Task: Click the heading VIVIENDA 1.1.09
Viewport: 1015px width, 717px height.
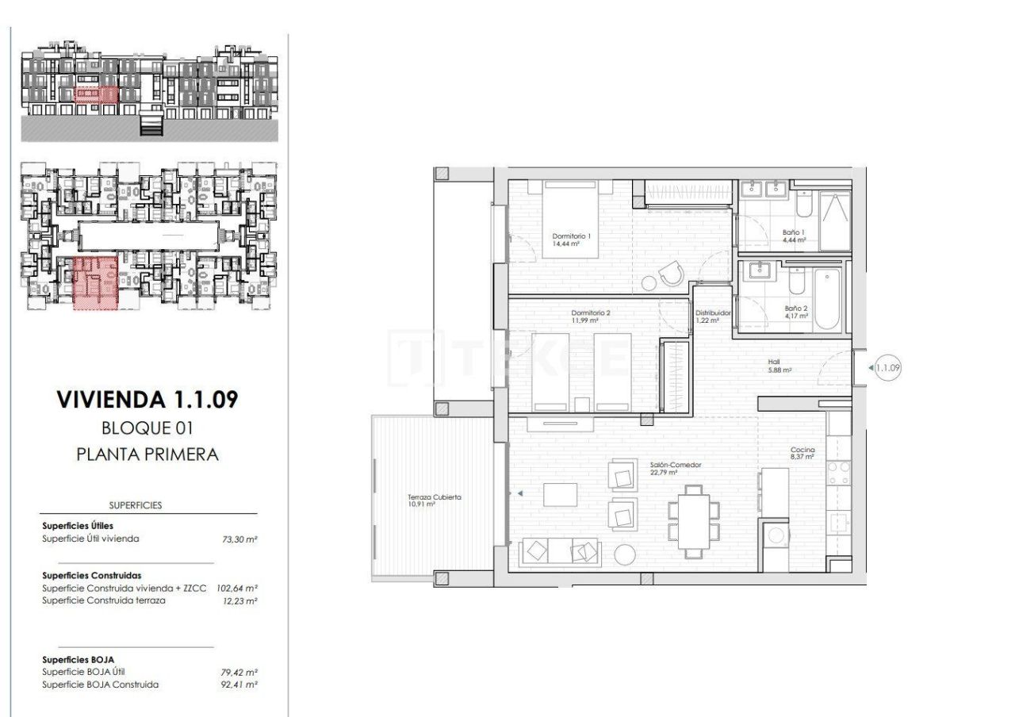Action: (x=147, y=400)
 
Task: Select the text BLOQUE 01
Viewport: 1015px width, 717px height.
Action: (x=147, y=428)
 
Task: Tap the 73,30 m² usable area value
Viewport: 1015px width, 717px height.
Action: (x=240, y=539)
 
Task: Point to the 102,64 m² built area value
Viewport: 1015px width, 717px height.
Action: (x=239, y=589)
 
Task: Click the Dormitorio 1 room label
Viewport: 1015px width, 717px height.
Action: (x=572, y=236)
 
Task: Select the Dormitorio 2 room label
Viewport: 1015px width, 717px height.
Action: (x=591, y=313)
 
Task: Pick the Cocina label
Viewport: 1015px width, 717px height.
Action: (x=802, y=450)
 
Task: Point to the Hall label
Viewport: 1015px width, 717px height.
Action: (x=776, y=359)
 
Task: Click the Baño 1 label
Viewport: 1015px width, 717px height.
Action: (x=794, y=232)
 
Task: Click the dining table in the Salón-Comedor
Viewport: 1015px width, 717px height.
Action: (x=694, y=520)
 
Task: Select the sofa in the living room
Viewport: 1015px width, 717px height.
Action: (x=559, y=552)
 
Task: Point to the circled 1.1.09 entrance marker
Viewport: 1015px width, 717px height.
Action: (x=887, y=367)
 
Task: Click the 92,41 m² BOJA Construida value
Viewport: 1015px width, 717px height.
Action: (x=240, y=684)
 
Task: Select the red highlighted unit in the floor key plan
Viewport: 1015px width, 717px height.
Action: (x=95, y=282)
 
